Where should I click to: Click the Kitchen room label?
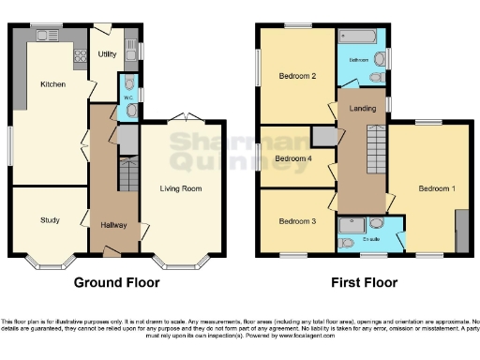pos(52,84)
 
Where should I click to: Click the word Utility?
pos(107,54)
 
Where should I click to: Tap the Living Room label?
pos(182,188)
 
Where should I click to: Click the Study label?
pos(50,220)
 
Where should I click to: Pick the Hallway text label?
pos(114,225)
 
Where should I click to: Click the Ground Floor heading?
pos(116,282)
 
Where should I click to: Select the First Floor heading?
pos(364,282)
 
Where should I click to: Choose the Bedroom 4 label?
pos(292,158)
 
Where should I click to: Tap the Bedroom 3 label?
pos(296,221)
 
